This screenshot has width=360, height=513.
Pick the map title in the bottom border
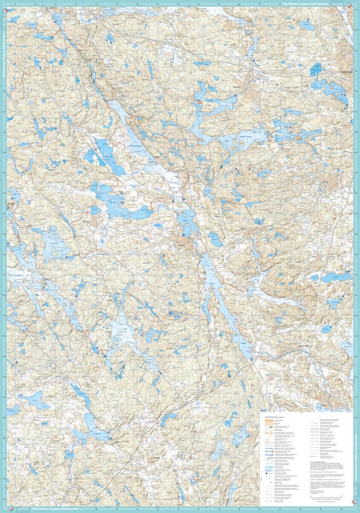pos(47,510)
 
